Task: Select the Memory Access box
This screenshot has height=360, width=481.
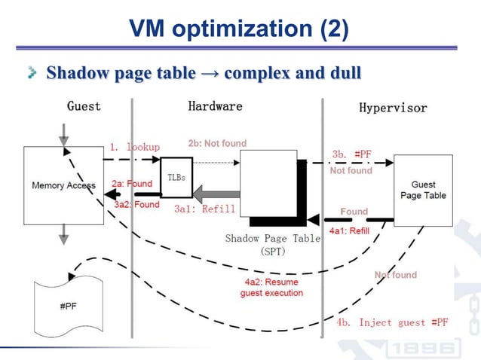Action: point(63,185)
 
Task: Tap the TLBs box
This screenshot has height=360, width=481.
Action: point(176,177)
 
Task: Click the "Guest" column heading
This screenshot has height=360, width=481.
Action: point(84,106)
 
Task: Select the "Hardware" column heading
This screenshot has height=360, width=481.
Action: point(215,106)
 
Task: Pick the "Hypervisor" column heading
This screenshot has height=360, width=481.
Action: point(392,108)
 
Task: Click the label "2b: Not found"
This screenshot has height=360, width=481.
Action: point(217,143)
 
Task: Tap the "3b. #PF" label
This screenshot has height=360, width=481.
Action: point(352,154)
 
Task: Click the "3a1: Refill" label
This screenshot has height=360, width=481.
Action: point(205,209)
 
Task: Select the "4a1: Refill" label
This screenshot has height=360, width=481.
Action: point(348,230)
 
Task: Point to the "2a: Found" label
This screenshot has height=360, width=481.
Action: point(132,184)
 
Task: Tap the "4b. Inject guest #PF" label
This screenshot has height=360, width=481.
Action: point(392,322)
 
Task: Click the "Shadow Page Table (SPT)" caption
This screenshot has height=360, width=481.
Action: point(272,244)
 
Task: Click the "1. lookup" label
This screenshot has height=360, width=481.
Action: point(134,147)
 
